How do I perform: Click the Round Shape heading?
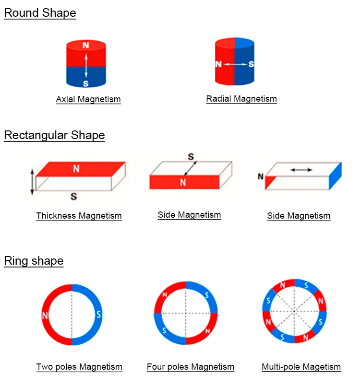click(40, 13)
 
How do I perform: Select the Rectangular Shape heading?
click(54, 135)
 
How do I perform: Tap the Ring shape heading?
click(34, 261)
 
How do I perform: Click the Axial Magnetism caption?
click(88, 99)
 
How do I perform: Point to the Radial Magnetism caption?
click(241, 99)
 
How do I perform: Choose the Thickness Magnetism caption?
click(79, 216)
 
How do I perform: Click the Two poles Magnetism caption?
click(79, 367)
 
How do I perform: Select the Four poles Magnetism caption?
click(191, 367)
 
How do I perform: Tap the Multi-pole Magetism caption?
click(301, 367)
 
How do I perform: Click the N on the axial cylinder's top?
click(86, 46)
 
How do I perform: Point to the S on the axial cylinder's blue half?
click(86, 83)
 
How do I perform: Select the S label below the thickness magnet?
click(74, 196)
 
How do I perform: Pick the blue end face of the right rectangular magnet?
click(335, 176)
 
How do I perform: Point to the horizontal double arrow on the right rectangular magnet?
click(302, 169)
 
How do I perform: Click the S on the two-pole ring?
click(98, 315)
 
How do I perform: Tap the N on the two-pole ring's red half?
click(46, 315)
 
